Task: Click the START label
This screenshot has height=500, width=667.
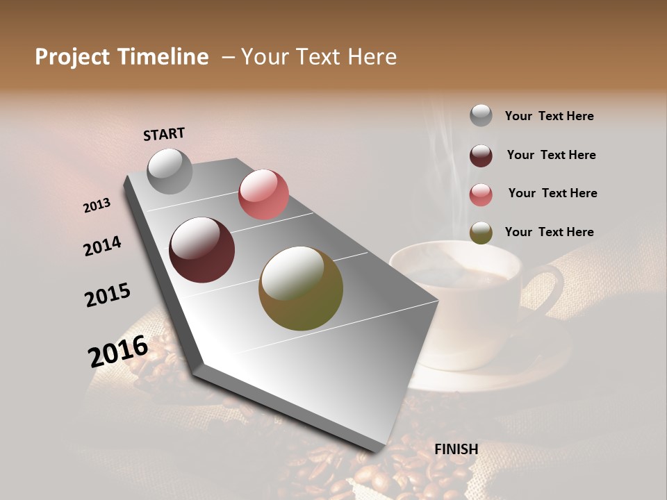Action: point(164,134)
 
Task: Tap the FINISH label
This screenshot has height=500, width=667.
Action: point(456,449)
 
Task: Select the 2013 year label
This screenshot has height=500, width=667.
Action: point(97,206)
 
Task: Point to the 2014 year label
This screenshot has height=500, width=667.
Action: point(103,246)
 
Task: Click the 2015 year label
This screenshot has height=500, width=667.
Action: point(108,295)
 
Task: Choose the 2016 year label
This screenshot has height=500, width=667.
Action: point(118,351)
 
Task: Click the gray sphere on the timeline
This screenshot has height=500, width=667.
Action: point(170,171)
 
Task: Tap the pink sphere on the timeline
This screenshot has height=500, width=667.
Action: point(263,194)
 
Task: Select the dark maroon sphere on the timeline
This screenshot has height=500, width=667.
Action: point(202,250)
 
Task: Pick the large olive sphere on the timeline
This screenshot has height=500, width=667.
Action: point(301,288)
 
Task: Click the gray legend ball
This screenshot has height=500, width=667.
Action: point(481,115)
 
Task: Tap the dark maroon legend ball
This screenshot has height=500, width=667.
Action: point(481,156)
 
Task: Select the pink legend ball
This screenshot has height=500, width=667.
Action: point(481,194)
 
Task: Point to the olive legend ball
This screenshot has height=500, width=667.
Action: point(481,233)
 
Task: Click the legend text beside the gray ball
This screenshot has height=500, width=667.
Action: point(549,116)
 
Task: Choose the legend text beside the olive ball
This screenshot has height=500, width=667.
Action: point(549,232)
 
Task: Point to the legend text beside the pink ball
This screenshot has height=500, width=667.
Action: point(552,193)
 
